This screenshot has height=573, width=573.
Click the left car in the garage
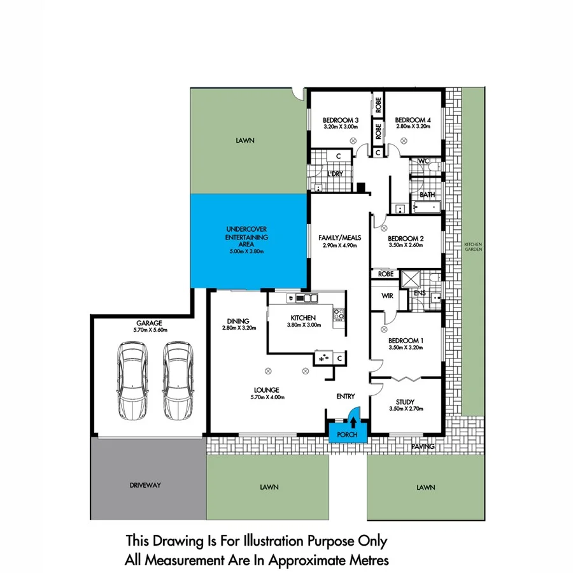coord(132,381)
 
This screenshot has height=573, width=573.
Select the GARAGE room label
coord(149,323)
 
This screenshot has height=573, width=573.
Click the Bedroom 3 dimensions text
coord(341,127)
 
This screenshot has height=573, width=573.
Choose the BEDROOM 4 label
coord(413,120)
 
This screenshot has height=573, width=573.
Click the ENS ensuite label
coord(420,293)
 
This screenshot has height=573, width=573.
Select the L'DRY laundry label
coord(335,174)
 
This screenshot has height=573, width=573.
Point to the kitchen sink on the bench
coord(310,297)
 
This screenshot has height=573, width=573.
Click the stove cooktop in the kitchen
coord(339,313)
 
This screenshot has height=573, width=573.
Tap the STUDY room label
coord(405,401)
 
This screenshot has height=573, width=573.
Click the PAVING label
coord(422,447)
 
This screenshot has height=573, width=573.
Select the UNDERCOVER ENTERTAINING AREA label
coord(248,237)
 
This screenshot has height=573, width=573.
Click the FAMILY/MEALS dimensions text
coord(340,245)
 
